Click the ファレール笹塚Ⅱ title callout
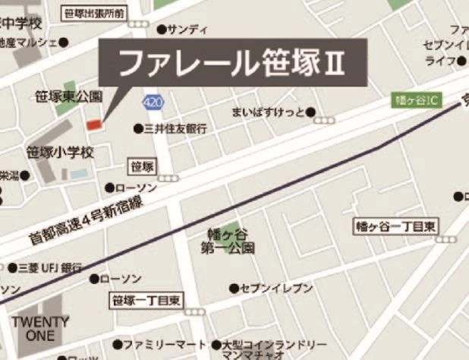point(234,63)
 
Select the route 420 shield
point(152,101)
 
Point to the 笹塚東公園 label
point(68,96)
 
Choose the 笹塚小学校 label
point(60,153)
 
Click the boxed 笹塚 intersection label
point(143,166)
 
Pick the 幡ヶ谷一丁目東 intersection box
point(397,226)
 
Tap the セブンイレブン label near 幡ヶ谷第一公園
point(276,289)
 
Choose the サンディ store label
point(187,30)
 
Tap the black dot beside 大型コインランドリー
point(216,344)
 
